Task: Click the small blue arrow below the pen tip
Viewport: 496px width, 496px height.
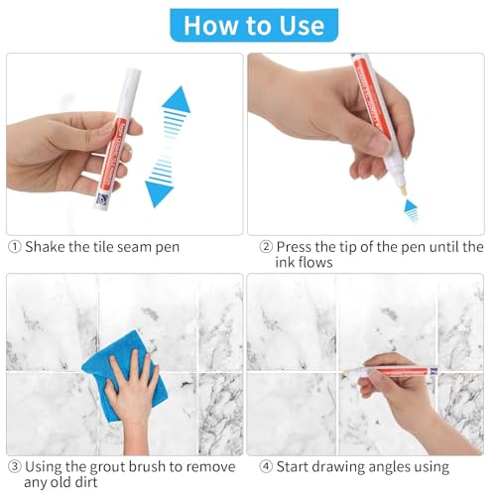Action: point(411,209)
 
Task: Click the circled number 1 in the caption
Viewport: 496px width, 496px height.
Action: point(14,247)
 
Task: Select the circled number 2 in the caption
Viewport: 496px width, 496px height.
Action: point(265,247)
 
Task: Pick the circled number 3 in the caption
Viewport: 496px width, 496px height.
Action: point(14,466)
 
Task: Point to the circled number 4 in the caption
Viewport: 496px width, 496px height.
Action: point(265,466)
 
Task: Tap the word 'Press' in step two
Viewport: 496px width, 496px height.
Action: point(298,247)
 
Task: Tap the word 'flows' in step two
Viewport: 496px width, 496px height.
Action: point(312,263)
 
